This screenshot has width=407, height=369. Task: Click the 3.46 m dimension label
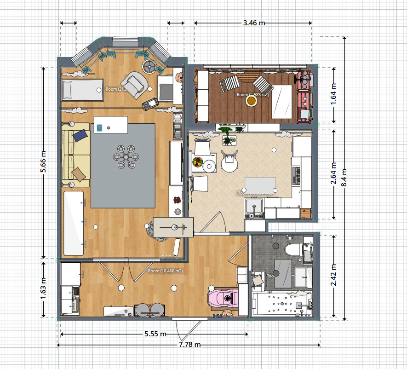[x=253, y=22]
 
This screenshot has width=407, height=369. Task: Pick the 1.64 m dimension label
[x=333, y=95]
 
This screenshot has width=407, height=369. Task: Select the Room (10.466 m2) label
[x=165, y=271]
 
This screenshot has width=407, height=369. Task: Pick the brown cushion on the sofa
[x=79, y=173]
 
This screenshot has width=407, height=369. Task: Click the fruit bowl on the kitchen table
[x=198, y=162]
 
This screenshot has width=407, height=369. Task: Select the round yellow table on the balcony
[x=251, y=100]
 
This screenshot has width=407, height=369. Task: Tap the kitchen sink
[x=253, y=208]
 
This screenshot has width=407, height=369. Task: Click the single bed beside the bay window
[x=83, y=89]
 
